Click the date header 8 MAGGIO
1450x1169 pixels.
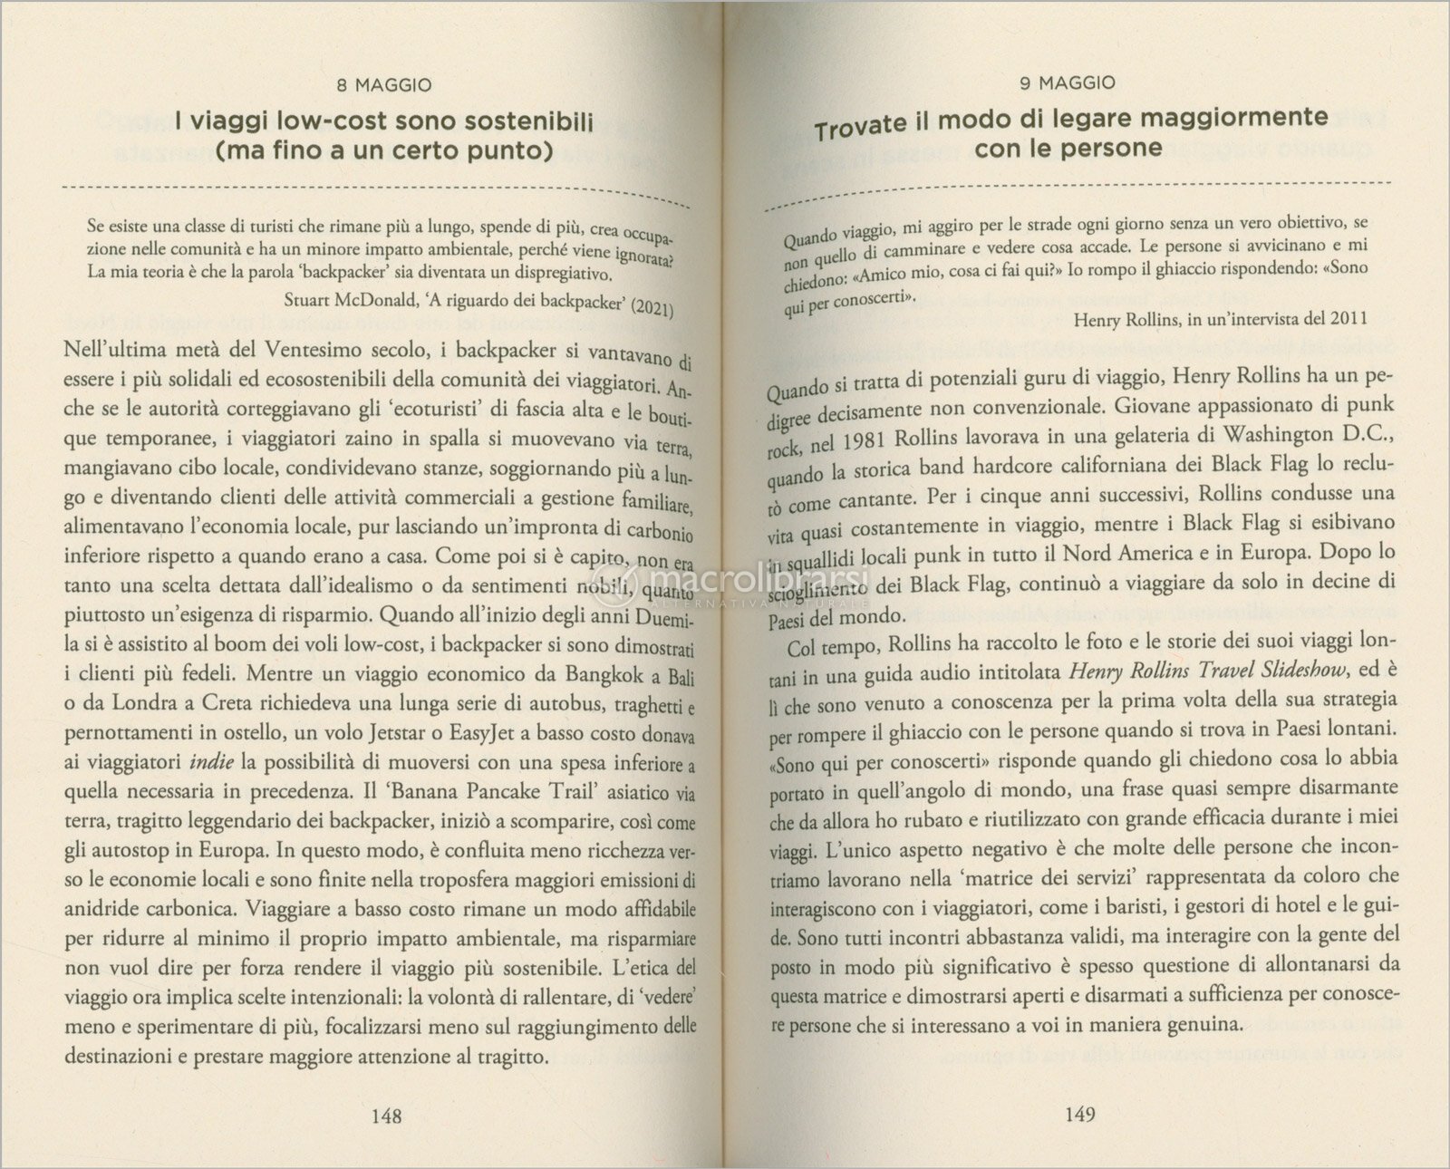point(383,85)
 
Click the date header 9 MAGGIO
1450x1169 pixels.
point(1067,83)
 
